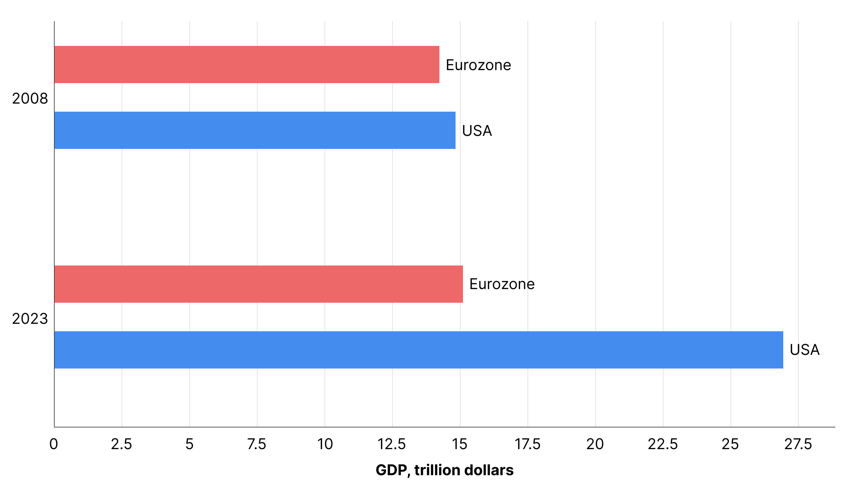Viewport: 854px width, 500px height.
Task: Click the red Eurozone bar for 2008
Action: tap(247, 65)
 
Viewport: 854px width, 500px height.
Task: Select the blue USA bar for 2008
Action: tap(255, 130)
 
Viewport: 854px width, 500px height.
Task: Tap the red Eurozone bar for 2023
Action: tap(258, 284)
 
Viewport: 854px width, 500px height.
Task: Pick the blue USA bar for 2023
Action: tap(419, 350)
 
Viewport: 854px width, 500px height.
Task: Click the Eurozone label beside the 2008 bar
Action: tap(478, 65)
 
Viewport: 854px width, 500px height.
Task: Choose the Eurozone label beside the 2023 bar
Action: tap(502, 284)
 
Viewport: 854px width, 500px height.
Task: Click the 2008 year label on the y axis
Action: tap(30, 99)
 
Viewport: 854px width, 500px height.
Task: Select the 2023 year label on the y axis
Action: tap(30, 319)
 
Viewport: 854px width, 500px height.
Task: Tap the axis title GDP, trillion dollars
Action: tap(445, 470)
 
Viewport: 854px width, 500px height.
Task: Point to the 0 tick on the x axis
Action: tap(54, 444)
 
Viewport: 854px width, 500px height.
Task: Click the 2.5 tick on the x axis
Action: tap(121, 444)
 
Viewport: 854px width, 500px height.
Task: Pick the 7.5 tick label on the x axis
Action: tap(257, 444)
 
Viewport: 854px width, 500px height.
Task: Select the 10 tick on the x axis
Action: tap(325, 444)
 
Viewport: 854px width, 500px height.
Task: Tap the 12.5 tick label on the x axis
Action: tap(392, 444)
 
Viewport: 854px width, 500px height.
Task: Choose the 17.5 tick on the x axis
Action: tap(527, 444)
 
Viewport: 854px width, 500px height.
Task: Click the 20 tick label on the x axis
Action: tap(595, 444)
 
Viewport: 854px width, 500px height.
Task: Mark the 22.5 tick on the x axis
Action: tap(663, 444)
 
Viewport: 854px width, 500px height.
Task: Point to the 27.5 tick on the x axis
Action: tap(798, 444)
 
